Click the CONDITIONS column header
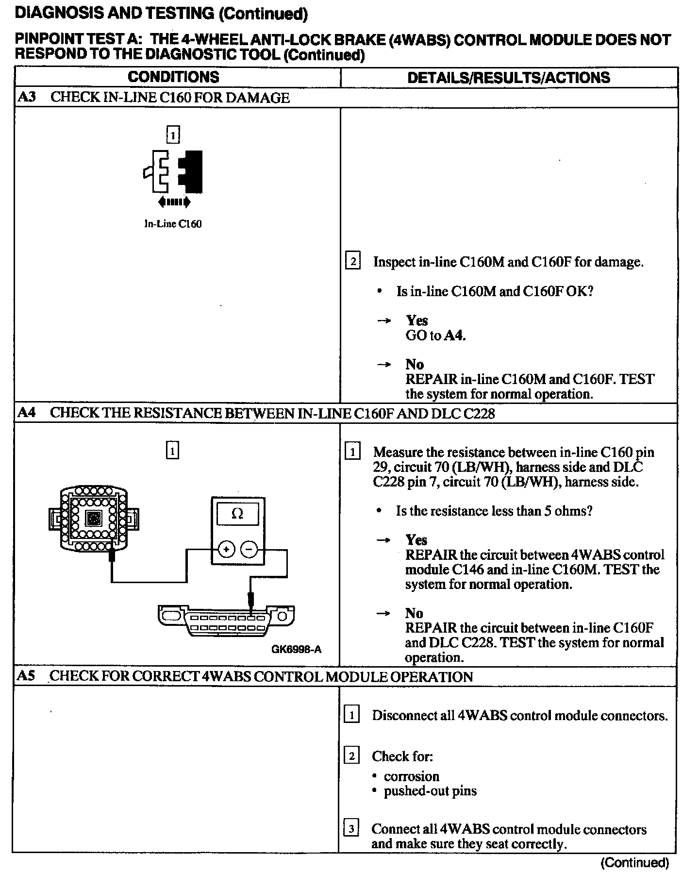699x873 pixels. point(173,77)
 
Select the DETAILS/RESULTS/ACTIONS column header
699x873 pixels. point(508,78)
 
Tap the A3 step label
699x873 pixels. point(27,97)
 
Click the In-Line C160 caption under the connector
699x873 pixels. point(173,224)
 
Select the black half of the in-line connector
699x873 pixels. point(192,171)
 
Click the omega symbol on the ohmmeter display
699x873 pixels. point(237,514)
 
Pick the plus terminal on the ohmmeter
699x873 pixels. point(226,550)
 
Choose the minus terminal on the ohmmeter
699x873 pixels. point(249,550)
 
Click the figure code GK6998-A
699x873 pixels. point(296,650)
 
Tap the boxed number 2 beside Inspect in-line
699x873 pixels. point(352,262)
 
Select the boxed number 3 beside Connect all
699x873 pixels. point(351,828)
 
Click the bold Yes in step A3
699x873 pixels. point(416,320)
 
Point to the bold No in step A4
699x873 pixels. point(414,613)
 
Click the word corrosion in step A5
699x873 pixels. point(411,776)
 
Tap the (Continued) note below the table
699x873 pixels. point(635,862)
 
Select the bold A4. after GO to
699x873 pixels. point(455,336)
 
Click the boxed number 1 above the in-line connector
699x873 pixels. point(173,134)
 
